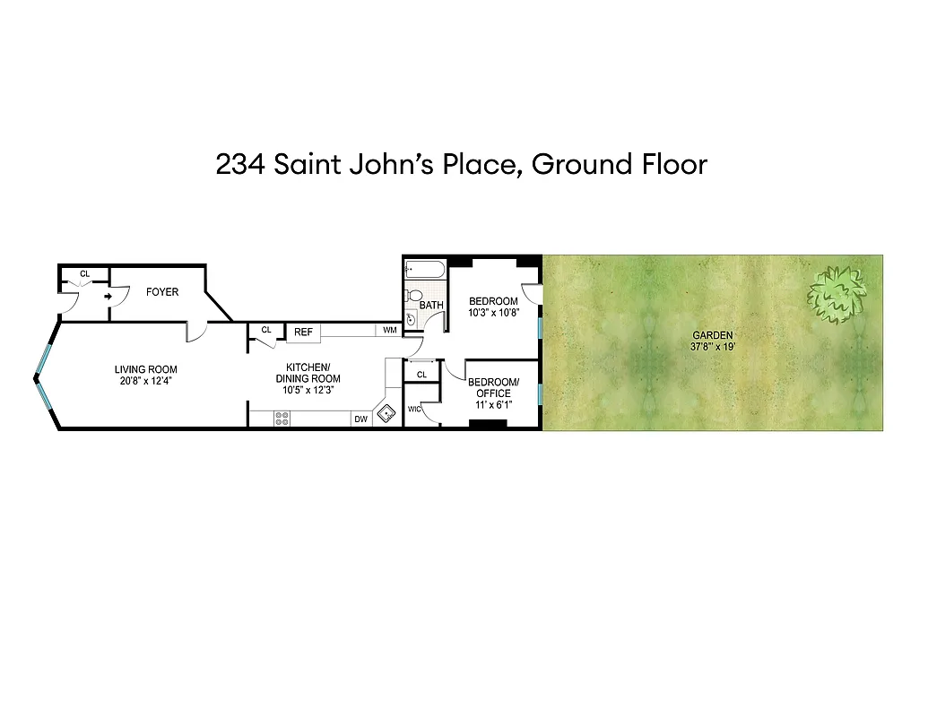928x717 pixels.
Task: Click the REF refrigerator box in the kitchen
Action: pos(304,333)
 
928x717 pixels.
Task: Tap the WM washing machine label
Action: pos(389,331)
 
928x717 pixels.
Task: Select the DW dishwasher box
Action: pos(360,419)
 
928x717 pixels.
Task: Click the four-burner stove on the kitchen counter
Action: pos(282,418)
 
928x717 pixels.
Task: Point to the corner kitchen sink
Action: pos(386,413)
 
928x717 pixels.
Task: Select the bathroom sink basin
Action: pos(412,319)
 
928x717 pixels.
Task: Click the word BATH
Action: pos(431,306)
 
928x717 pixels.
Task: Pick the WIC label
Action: pos(413,410)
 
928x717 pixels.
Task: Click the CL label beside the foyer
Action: pos(85,273)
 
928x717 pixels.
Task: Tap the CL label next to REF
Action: pos(266,330)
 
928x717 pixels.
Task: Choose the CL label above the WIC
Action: pos(421,374)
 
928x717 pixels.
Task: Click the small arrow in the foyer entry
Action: pos(108,295)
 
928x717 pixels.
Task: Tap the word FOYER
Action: pos(162,292)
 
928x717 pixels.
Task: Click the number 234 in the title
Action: pos(239,165)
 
